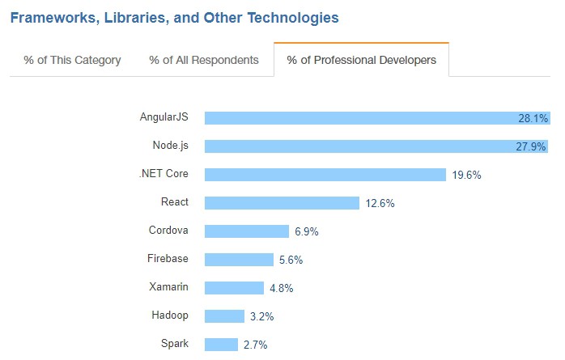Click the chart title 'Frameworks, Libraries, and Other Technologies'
(174, 17)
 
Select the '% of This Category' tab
(72, 60)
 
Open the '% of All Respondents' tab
(204, 60)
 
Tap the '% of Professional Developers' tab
(361, 60)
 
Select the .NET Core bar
(325, 175)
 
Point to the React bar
(282, 203)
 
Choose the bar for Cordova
(247, 231)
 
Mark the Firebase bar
(239, 260)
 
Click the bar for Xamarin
(234, 288)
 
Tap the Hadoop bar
(224, 316)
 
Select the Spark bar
(221, 345)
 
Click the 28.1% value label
(533, 118)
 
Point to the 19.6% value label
(467, 175)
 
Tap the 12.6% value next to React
(380, 203)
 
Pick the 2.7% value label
(255, 345)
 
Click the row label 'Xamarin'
(169, 287)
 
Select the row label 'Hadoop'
(170, 316)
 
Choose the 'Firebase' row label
(168, 259)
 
